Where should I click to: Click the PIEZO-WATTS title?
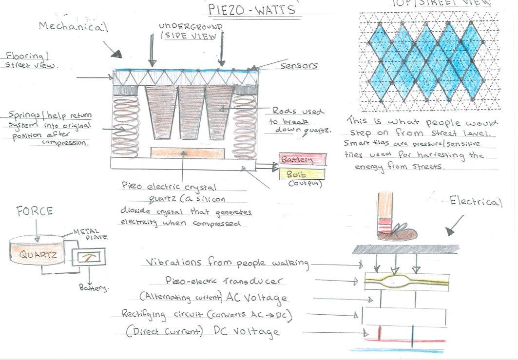245,9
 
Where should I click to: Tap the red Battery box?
302,159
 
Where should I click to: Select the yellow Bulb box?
302,173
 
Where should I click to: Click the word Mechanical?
73,27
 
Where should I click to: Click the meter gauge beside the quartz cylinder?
87,257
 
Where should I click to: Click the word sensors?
299,65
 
